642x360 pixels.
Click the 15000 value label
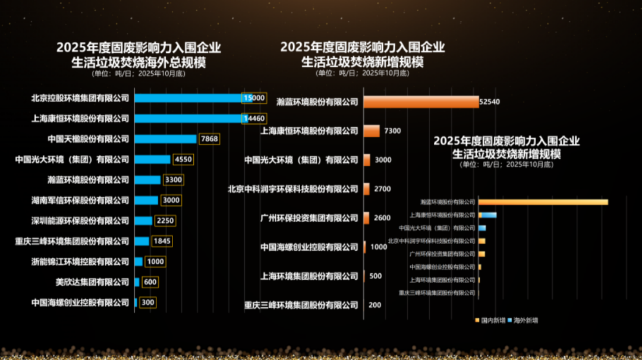[254, 98]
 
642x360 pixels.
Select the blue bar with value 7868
[165, 139]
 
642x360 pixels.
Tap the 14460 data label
[254, 118]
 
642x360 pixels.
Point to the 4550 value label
[183, 159]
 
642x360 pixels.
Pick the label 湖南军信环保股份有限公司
[80, 200]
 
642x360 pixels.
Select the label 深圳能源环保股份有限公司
[80, 220]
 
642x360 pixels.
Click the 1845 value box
[162, 241]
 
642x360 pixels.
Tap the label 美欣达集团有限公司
[92, 282]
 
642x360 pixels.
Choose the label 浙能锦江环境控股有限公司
[80, 261]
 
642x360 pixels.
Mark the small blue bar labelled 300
[136, 302]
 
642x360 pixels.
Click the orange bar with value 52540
[421, 102]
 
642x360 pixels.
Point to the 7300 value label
[393, 131]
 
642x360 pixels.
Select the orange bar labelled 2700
[367, 189]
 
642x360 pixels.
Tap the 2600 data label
[382, 218]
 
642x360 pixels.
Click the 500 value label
[376, 276]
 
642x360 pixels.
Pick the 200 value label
[375, 305]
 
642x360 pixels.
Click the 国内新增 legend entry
[490, 320]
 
